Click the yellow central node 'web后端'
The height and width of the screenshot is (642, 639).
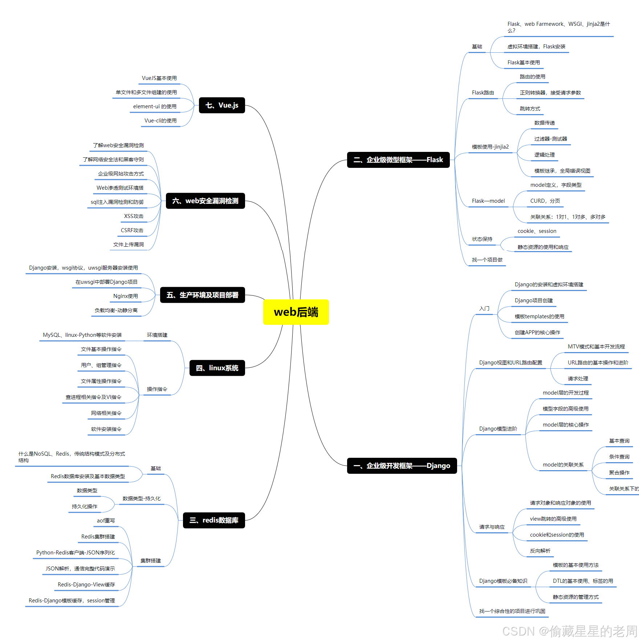(296, 312)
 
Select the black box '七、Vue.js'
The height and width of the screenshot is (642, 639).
(222, 105)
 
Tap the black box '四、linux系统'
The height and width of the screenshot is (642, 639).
(217, 368)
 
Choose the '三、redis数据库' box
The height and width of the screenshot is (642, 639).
(214, 520)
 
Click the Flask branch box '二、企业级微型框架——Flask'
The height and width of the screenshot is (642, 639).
(398, 160)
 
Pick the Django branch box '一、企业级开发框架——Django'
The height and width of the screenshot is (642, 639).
(402, 466)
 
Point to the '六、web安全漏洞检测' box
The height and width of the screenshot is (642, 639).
(205, 201)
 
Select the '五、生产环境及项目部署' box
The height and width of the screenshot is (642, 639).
(202, 295)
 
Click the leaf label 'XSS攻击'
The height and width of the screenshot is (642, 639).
(134, 216)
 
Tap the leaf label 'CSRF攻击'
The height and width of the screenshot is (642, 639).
(132, 230)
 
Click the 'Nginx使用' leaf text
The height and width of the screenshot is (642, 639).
(125, 296)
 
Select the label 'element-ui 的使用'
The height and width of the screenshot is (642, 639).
(155, 106)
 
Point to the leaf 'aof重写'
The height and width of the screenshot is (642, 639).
(106, 521)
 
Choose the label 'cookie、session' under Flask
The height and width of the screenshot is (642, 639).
(537, 231)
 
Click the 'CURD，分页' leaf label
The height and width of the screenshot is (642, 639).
(545, 201)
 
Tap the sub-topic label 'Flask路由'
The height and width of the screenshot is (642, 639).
(483, 93)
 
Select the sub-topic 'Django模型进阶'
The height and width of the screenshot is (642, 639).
(498, 429)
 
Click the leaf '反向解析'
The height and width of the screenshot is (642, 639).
(540, 551)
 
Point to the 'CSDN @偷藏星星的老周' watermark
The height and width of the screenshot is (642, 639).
(569, 631)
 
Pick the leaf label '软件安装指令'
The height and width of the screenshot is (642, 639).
(106, 429)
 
